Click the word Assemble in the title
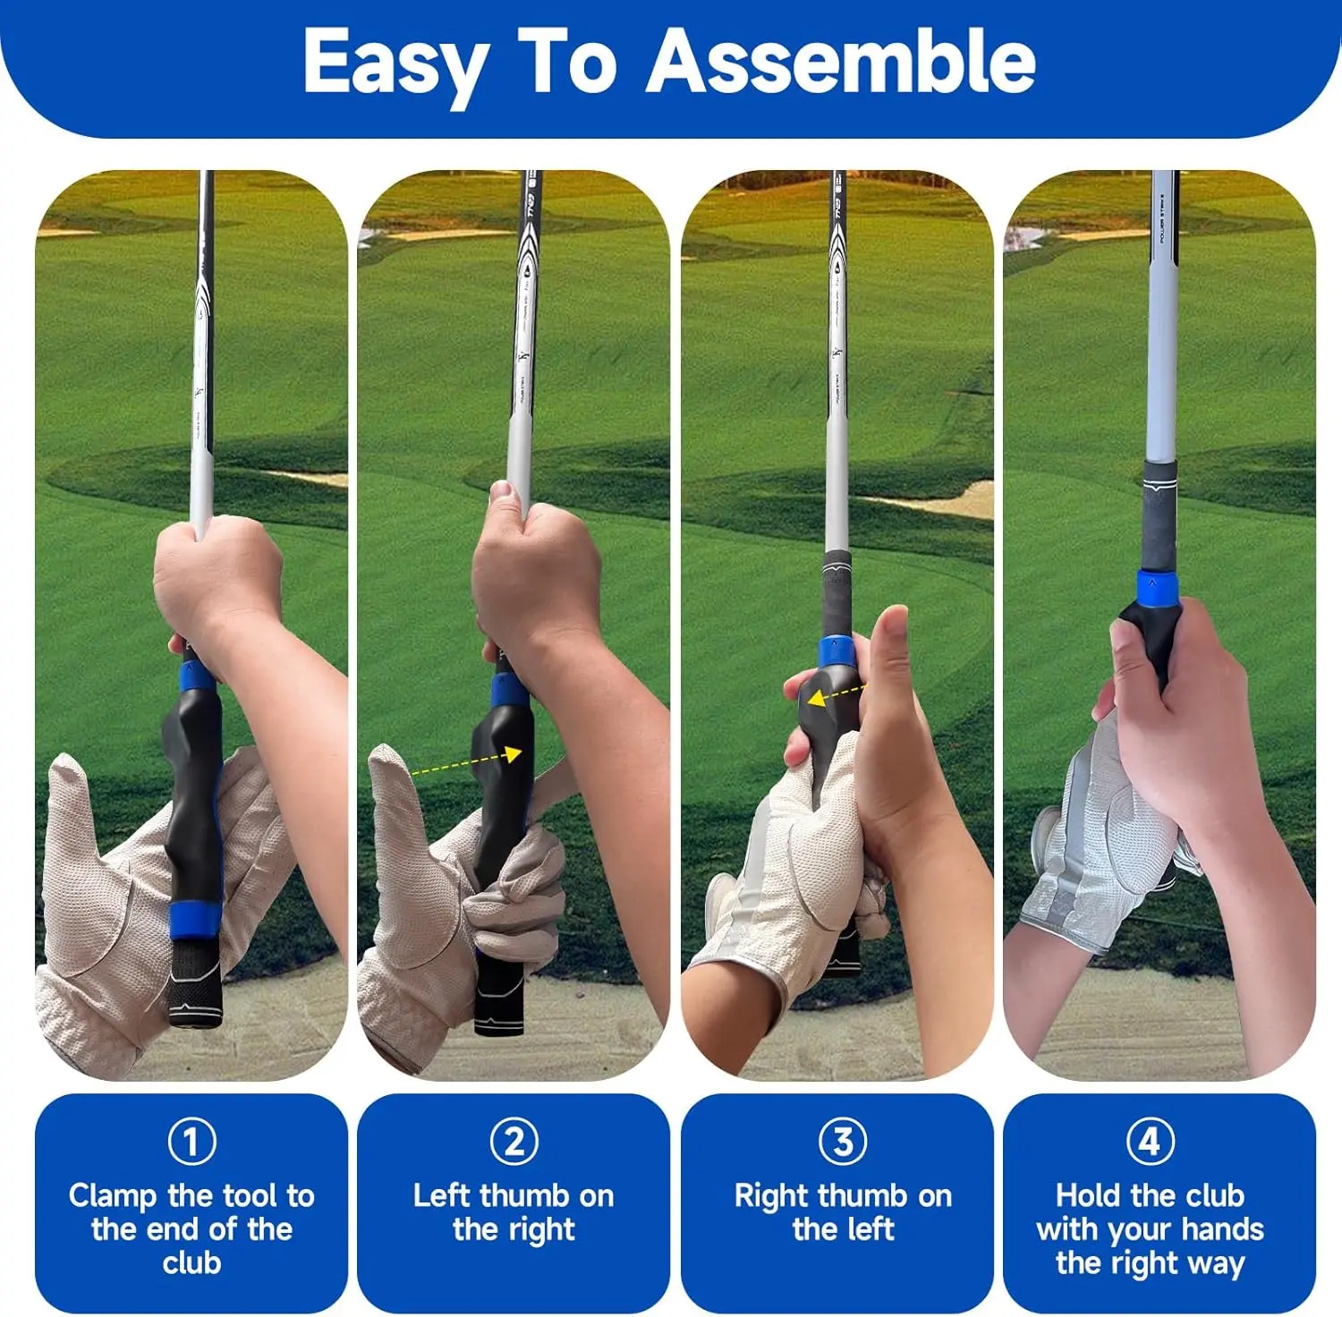click(841, 61)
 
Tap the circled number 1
click(191, 1141)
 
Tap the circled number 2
click(514, 1141)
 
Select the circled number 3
click(843, 1141)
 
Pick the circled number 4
click(1150, 1141)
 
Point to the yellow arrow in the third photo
click(835, 695)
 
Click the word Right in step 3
click(772, 1197)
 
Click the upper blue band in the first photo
click(197, 677)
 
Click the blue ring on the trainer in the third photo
click(836, 654)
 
